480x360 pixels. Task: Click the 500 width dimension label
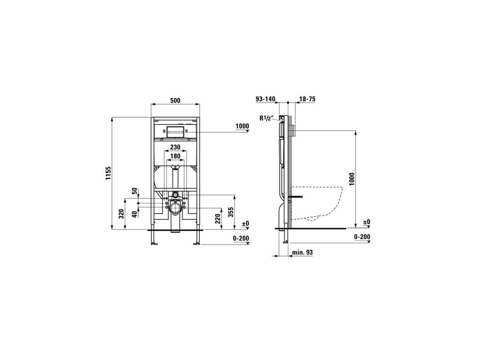tap(175, 100)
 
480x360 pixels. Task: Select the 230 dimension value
tap(175, 147)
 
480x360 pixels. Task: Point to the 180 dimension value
tap(175, 157)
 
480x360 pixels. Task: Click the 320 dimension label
tap(121, 213)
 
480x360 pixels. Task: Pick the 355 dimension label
tap(231, 212)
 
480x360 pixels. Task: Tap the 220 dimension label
tap(218, 218)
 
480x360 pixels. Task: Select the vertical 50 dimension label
tap(135, 191)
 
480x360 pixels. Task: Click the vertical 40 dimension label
tap(135, 214)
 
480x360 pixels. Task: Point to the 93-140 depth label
tap(266, 99)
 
